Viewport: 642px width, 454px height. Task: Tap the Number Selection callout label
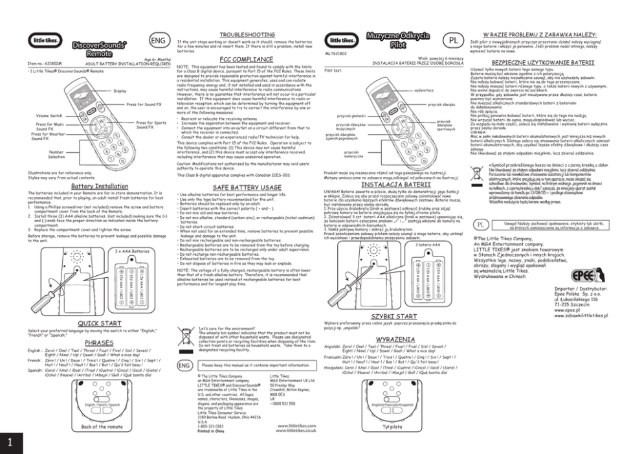coord(56,154)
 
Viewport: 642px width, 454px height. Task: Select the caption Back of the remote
coord(98,427)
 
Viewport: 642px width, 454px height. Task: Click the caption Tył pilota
coord(392,427)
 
